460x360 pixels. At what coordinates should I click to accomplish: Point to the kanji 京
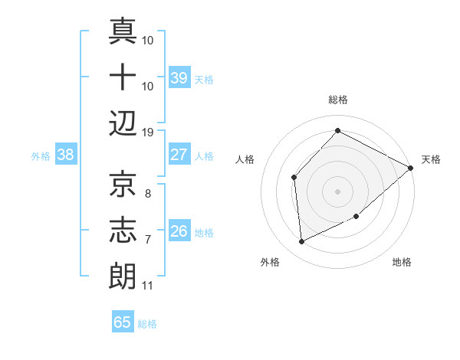coord(123,184)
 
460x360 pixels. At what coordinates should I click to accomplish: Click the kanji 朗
coord(123,275)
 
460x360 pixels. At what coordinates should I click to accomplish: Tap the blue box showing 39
coord(179,78)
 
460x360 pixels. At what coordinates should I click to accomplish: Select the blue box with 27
coord(179,155)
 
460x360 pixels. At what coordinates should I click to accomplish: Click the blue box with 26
coord(179,231)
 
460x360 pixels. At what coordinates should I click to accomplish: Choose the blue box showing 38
coord(66,155)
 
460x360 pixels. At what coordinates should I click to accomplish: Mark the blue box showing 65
coord(123,322)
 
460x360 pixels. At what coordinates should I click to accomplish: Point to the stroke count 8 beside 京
coord(147,195)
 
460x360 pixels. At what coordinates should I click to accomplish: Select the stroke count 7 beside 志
coord(147,240)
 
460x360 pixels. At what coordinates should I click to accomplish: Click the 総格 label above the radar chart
coord(338,100)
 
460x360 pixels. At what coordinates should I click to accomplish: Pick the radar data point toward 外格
coord(302,242)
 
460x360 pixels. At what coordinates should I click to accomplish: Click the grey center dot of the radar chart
coord(338,191)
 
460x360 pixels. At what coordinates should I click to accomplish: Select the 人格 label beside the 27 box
coord(204,156)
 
